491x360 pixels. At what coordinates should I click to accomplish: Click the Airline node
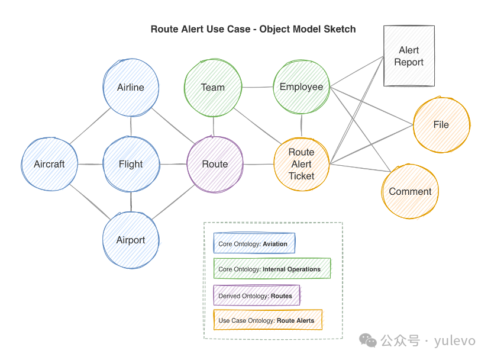click(131, 88)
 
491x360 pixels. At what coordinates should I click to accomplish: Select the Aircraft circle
click(50, 164)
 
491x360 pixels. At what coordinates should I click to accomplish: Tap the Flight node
click(131, 164)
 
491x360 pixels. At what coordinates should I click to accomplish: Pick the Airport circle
click(131, 240)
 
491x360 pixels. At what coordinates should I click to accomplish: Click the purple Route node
click(215, 164)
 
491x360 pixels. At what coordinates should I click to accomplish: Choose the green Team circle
click(213, 88)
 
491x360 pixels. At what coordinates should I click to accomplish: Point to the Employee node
click(302, 87)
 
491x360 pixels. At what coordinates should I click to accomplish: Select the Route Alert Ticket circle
click(302, 164)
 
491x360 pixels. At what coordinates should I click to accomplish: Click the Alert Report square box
click(409, 56)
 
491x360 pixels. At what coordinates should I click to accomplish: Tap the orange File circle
click(441, 125)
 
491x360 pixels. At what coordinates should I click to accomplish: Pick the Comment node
click(410, 191)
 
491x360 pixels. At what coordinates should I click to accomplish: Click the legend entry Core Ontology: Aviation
click(254, 243)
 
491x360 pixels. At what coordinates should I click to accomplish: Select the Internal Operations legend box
click(272, 269)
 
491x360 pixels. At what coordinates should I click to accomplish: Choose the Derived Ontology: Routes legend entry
click(256, 295)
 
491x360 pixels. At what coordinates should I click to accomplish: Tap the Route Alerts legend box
click(267, 320)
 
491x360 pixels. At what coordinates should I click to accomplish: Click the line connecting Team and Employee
click(257, 88)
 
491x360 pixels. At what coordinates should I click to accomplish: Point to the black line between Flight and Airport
click(131, 202)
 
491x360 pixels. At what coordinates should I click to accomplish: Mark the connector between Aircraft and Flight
click(90, 164)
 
